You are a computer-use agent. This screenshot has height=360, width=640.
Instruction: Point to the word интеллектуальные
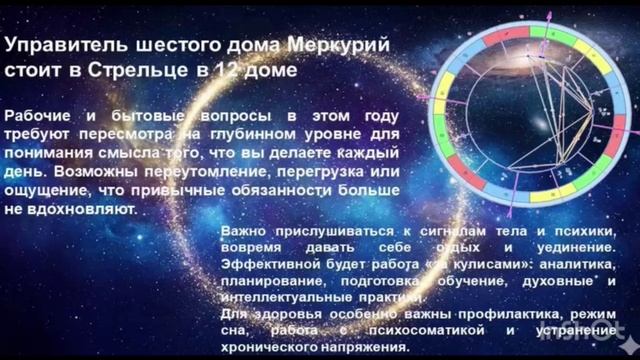(x=278, y=297)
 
